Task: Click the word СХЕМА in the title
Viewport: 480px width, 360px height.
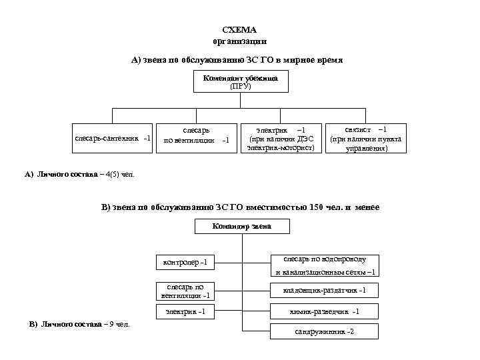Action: [x=239, y=30]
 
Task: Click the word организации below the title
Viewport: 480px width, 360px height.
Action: [x=239, y=41]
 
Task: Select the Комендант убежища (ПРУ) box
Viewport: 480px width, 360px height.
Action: [x=240, y=82]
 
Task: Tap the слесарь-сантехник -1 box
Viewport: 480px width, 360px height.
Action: [x=113, y=138]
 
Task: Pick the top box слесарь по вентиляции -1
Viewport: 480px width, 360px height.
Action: [x=196, y=136]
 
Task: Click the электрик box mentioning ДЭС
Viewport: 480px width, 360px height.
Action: [x=281, y=138]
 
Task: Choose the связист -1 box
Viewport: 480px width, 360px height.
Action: [x=366, y=138]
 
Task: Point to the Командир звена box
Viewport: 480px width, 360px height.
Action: [x=241, y=226]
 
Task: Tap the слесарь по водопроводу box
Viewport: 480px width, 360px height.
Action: [x=324, y=265]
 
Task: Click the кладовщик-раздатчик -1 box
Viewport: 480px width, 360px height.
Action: [x=324, y=290]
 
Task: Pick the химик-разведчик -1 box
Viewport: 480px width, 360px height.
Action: [x=324, y=311]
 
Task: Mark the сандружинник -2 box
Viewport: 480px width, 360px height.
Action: [x=324, y=331]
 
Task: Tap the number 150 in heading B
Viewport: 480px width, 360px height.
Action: [x=317, y=207]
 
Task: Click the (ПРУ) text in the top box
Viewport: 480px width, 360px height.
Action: [x=240, y=86]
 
